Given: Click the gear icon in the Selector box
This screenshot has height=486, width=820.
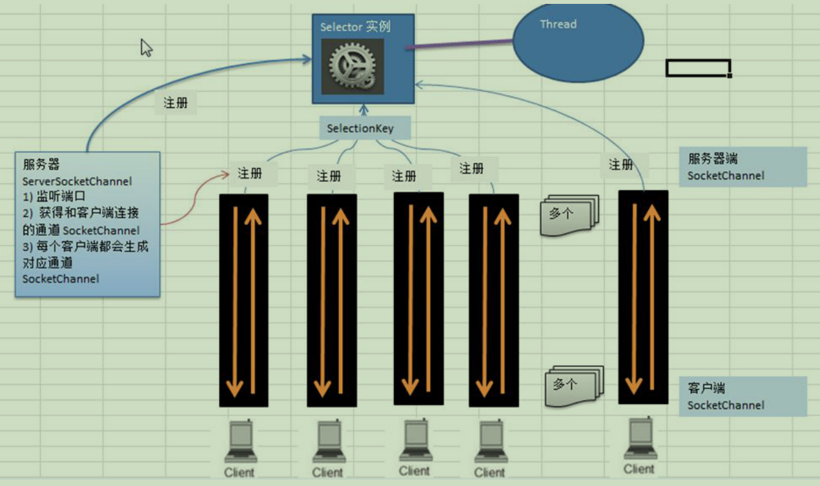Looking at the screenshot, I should pos(352,66).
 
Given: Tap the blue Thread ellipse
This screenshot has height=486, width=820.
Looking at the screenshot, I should pos(578,43).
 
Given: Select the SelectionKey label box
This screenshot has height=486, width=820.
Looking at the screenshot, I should pos(360,128).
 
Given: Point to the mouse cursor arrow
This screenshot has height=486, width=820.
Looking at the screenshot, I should pos(146,47).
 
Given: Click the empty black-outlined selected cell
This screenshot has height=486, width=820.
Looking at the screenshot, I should pos(698,68).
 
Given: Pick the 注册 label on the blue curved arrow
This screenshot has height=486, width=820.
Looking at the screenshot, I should pos(176,102).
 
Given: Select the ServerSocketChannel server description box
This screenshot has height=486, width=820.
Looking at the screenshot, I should pos(87,224).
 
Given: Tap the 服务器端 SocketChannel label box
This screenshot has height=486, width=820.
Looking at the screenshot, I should pos(743,167).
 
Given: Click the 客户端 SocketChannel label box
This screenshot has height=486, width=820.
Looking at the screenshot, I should pos(743,396).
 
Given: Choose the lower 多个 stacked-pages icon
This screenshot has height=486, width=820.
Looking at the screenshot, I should pos(573,385).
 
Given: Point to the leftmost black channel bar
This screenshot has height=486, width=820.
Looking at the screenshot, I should pos(243,301).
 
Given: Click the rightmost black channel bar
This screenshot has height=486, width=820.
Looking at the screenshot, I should pos(643,297).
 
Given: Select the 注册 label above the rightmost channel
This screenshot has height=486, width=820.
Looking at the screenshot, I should pos(621,165).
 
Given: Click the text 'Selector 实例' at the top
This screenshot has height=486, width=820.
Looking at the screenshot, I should pos(355,27).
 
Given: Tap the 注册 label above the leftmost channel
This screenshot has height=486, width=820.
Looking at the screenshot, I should pos(250,173).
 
